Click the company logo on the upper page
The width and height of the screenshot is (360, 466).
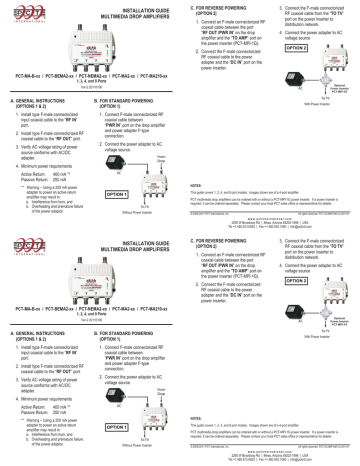(x=18, y=12)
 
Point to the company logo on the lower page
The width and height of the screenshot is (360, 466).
(x=18, y=247)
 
